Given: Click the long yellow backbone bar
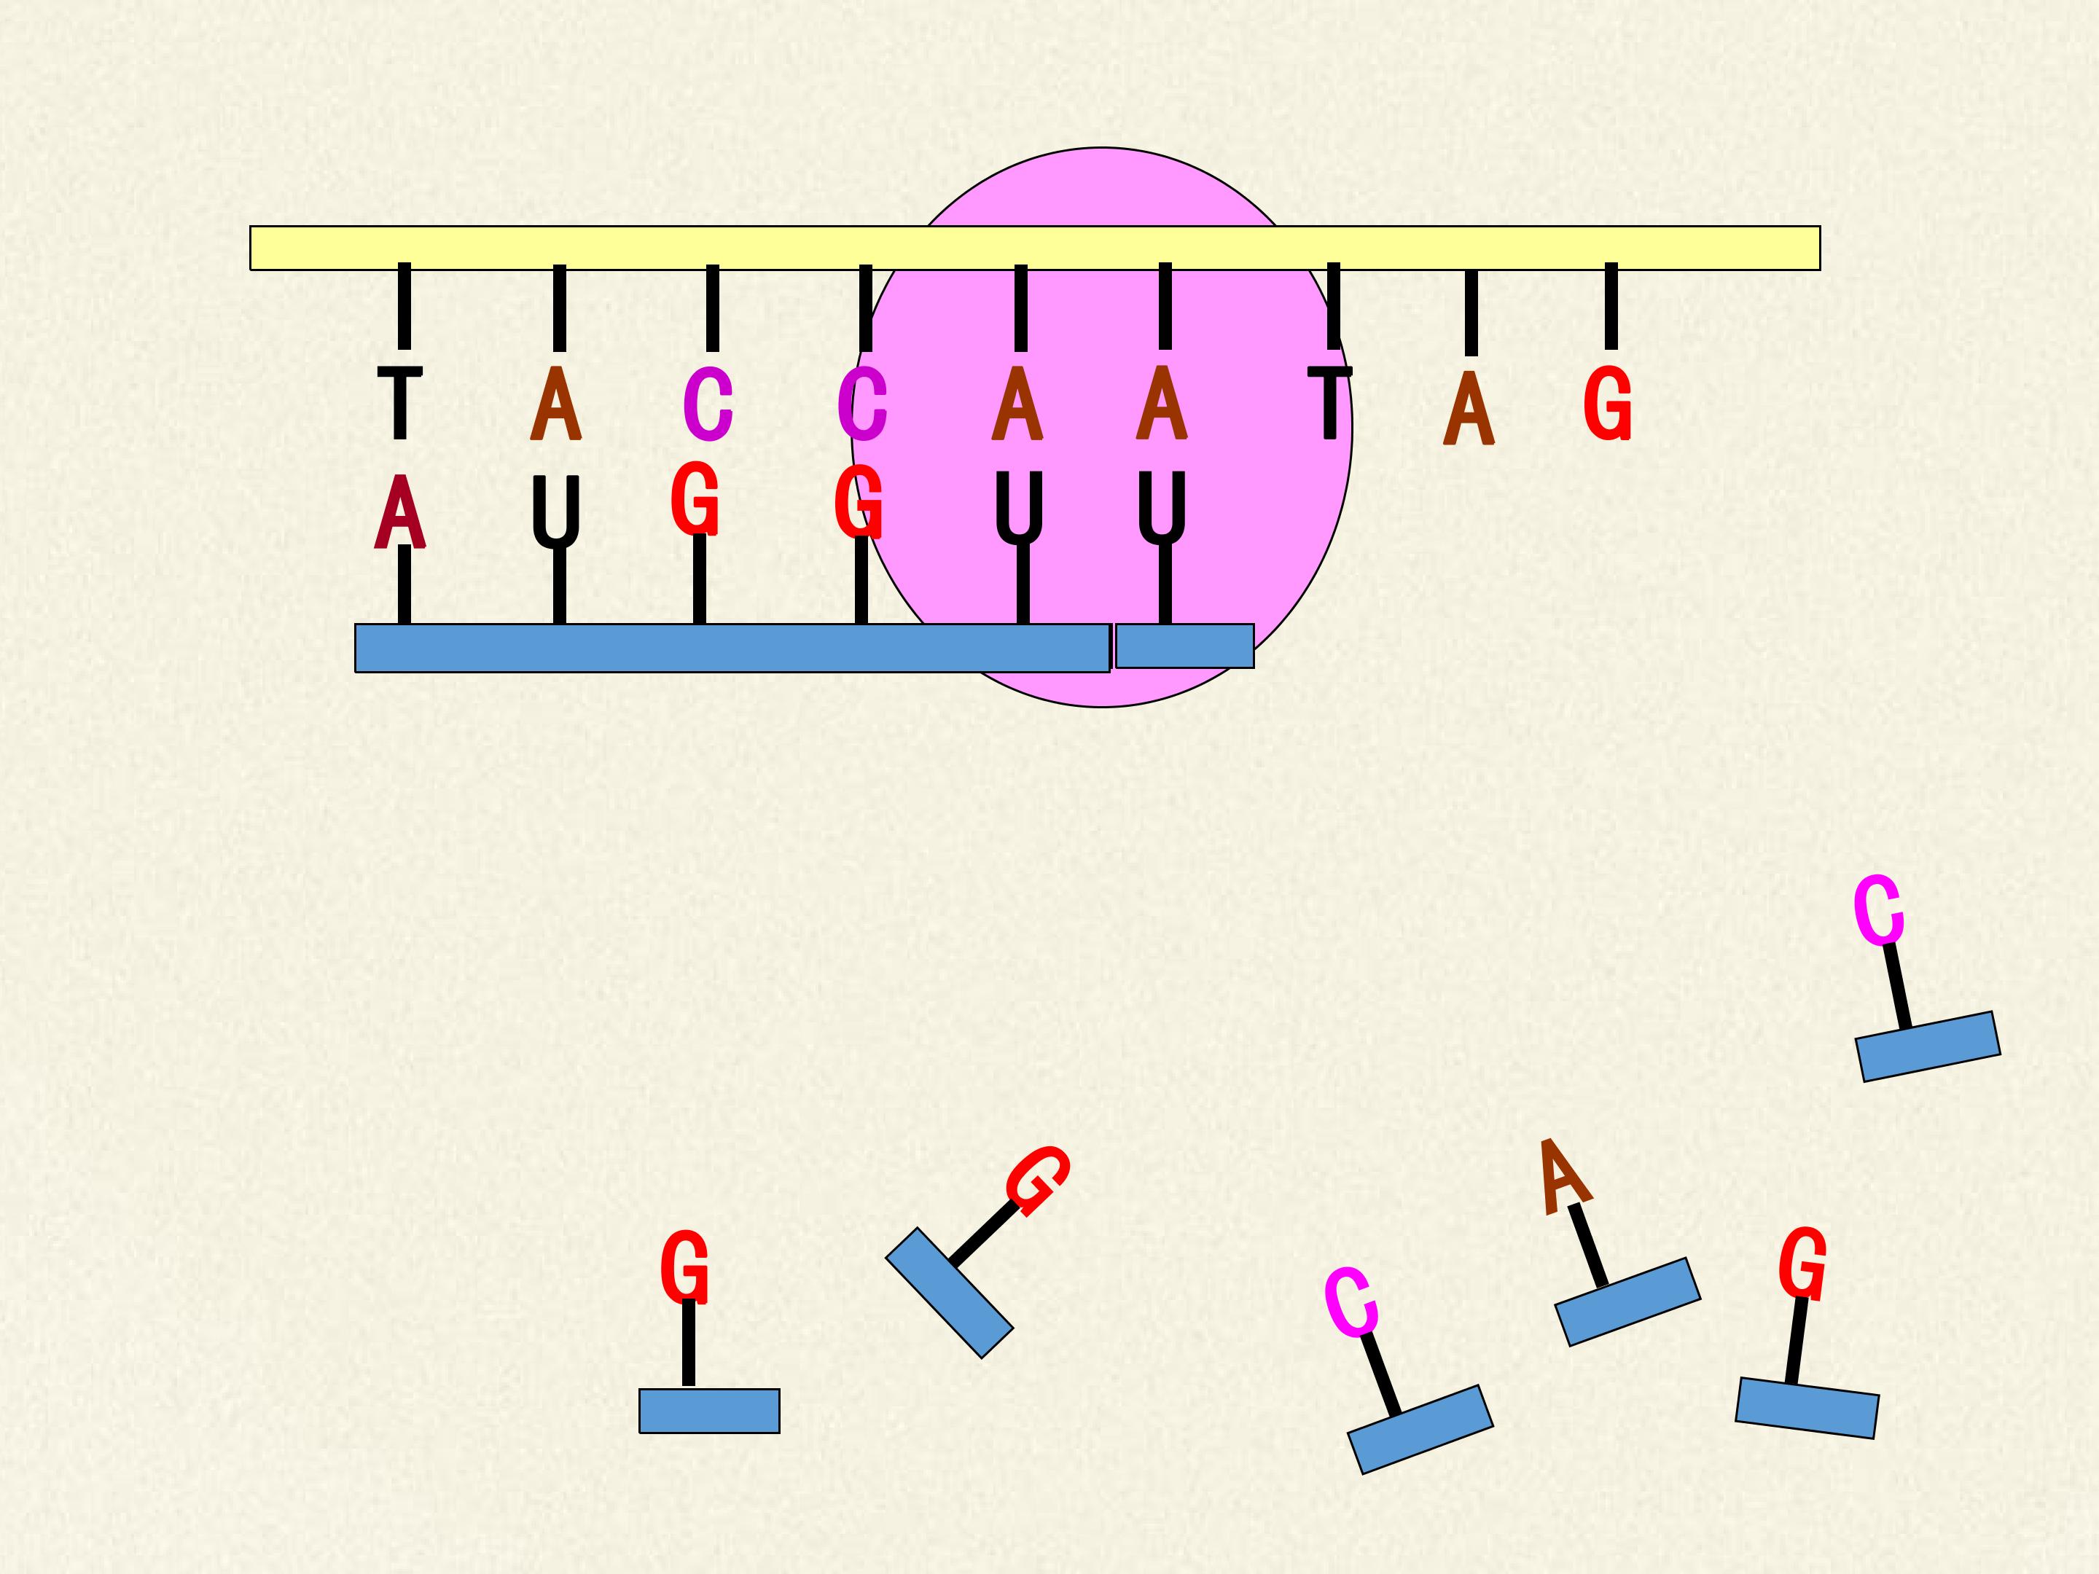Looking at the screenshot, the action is tap(1035, 248).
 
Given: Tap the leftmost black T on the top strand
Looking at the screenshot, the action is tap(399, 403).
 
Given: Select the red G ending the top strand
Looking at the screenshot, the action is tap(1608, 404).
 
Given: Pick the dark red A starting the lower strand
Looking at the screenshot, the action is tap(399, 512).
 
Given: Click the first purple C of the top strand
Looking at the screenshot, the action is tap(708, 405).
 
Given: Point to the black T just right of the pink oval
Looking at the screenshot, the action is tap(1329, 403).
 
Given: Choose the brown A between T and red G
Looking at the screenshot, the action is tap(1469, 408).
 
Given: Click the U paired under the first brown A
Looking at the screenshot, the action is tap(556, 512).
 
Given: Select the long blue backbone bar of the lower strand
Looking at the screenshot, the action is tap(732, 648).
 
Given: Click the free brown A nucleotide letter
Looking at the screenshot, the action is tap(1564, 1176).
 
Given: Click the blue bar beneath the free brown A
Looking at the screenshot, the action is tap(1627, 1301).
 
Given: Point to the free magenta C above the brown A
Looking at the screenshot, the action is tap(1878, 911).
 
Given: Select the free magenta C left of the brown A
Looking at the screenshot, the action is tap(1351, 1301).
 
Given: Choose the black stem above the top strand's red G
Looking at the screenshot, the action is tap(1611, 307).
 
